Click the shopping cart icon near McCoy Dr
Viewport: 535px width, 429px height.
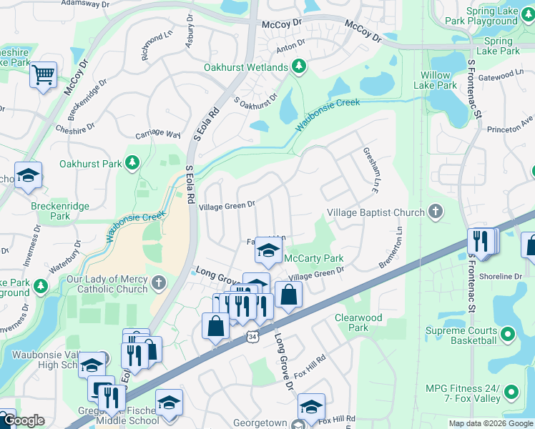[x=43, y=74]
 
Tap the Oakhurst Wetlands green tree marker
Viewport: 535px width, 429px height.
[x=299, y=67]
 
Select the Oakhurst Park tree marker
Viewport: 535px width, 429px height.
[x=132, y=164]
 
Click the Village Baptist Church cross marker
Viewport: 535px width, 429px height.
[x=435, y=212]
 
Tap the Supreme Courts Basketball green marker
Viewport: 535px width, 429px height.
[x=508, y=334]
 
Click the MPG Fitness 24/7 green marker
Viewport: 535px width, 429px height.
[x=511, y=392]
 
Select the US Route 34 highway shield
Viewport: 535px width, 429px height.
[x=255, y=335]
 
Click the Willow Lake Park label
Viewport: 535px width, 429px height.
[x=438, y=80]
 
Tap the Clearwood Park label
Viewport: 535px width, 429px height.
[x=358, y=322]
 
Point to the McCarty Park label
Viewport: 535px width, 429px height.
[x=314, y=258]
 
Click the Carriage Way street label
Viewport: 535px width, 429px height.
[x=158, y=134]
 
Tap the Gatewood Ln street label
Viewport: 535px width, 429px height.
[x=501, y=74]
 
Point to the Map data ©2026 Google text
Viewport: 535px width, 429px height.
[x=490, y=423]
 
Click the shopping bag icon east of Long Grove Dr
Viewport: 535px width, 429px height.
[x=288, y=294]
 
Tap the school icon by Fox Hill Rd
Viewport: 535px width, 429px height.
[x=311, y=406]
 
